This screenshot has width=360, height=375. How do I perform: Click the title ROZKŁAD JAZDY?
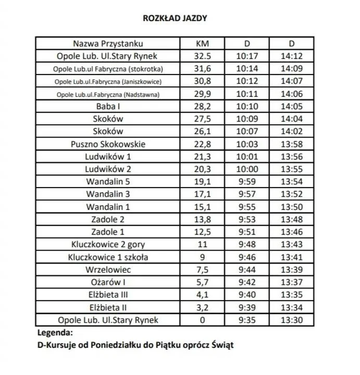tap(175, 18)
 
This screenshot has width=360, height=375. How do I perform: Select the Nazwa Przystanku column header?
tap(108, 43)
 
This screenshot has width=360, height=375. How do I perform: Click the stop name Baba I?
tap(108, 106)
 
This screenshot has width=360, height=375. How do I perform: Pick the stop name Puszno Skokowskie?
tap(108, 144)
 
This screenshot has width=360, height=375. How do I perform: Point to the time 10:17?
tap(247, 56)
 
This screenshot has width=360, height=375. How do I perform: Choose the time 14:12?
tap(292, 56)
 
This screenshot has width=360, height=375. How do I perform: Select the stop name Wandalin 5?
tap(108, 182)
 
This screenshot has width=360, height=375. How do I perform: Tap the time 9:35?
tap(247, 320)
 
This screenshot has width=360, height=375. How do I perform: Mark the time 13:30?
tap(292, 320)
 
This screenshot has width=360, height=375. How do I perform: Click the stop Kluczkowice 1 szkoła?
tap(108, 257)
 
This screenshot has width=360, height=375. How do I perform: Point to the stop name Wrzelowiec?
tap(108, 269)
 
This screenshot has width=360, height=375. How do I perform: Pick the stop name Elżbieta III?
tap(108, 295)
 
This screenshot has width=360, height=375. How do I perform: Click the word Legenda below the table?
tap(55, 332)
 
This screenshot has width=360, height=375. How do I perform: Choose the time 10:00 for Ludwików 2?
tap(247, 169)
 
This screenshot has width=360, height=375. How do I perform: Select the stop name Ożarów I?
tap(108, 282)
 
